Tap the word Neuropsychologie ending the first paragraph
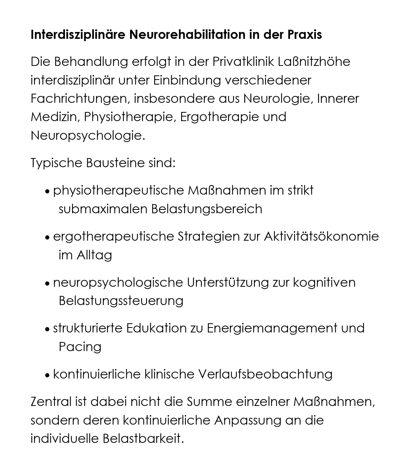pyautogui.click(x=87, y=135)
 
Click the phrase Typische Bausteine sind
pyautogui.click(x=103, y=163)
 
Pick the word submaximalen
pyautogui.click(x=103, y=209)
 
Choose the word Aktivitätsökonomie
pyautogui.click(x=321, y=236)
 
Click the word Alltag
pyautogui.click(x=94, y=255)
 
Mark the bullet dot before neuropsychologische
pyautogui.click(x=47, y=284)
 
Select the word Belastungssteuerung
pyautogui.click(x=121, y=301)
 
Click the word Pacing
pyautogui.click(x=80, y=347)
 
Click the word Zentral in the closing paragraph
pyautogui.click(x=51, y=402)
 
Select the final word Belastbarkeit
pyautogui.click(x=143, y=439)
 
